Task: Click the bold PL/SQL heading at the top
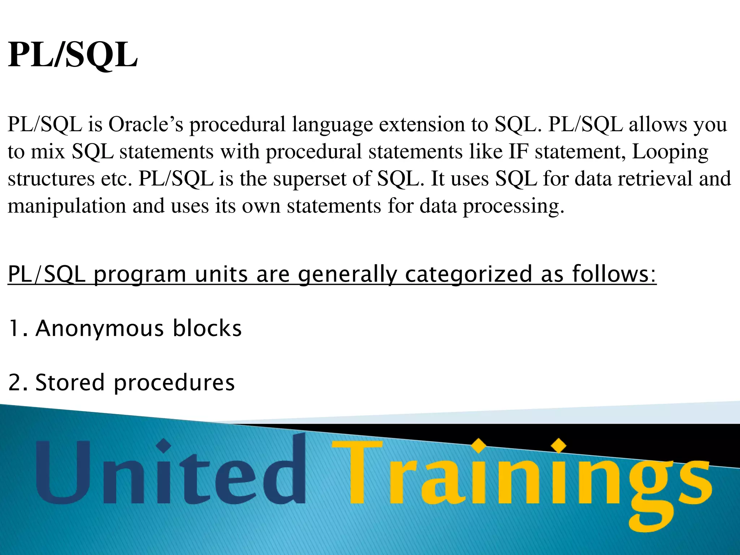[x=73, y=55]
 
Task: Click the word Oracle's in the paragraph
[x=146, y=124]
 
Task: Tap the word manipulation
[x=67, y=206]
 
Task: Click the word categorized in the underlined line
[x=469, y=275]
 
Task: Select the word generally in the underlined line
[x=347, y=275]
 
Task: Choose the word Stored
[x=70, y=383]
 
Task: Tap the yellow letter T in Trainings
[x=357, y=472]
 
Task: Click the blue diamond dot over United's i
[x=164, y=446]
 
